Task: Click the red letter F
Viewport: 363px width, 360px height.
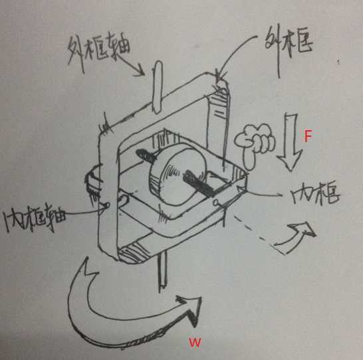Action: tap(308, 135)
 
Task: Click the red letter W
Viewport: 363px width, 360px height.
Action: tap(195, 342)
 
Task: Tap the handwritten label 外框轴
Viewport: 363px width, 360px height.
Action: tap(98, 52)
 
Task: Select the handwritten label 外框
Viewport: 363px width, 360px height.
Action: tap(289, 44)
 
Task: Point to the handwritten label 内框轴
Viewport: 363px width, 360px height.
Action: tap(35, 217)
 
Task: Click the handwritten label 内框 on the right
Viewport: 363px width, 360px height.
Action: tap(315, 195)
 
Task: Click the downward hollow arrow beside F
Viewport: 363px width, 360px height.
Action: tap(290, 141)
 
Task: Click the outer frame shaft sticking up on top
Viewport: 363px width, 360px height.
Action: tap(158, 88)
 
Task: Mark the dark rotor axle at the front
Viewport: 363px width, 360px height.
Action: tap(199, 184)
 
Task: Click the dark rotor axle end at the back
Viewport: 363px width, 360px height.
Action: tap(146, 155)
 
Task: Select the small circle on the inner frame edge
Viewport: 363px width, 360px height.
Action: tap(216, 203)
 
